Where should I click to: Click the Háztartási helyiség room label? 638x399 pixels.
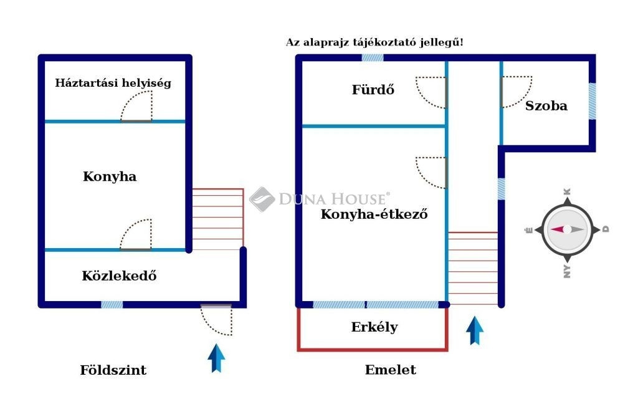[113, 82]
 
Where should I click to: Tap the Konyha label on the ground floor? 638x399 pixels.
[110, 176]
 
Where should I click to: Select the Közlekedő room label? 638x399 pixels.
[119, 275]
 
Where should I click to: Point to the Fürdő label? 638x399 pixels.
[373, 89]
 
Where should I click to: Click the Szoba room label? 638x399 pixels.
[546, 105]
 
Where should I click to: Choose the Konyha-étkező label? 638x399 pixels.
[374, 214]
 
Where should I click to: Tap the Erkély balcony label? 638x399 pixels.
[374, 327]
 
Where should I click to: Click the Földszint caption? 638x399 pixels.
[113, 370]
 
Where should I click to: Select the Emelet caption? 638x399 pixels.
[391, 370]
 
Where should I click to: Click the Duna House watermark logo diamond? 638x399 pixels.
[262, 199]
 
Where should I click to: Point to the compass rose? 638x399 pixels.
[566, 229]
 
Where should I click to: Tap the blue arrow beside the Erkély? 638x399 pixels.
[475, 330]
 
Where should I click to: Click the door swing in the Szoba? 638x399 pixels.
[516, 91]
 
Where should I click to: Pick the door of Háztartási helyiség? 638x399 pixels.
[136, 106]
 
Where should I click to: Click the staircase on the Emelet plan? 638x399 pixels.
[473, 268]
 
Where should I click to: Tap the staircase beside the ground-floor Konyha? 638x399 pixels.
[217, 218]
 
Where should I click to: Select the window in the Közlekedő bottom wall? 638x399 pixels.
[112, 304]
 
